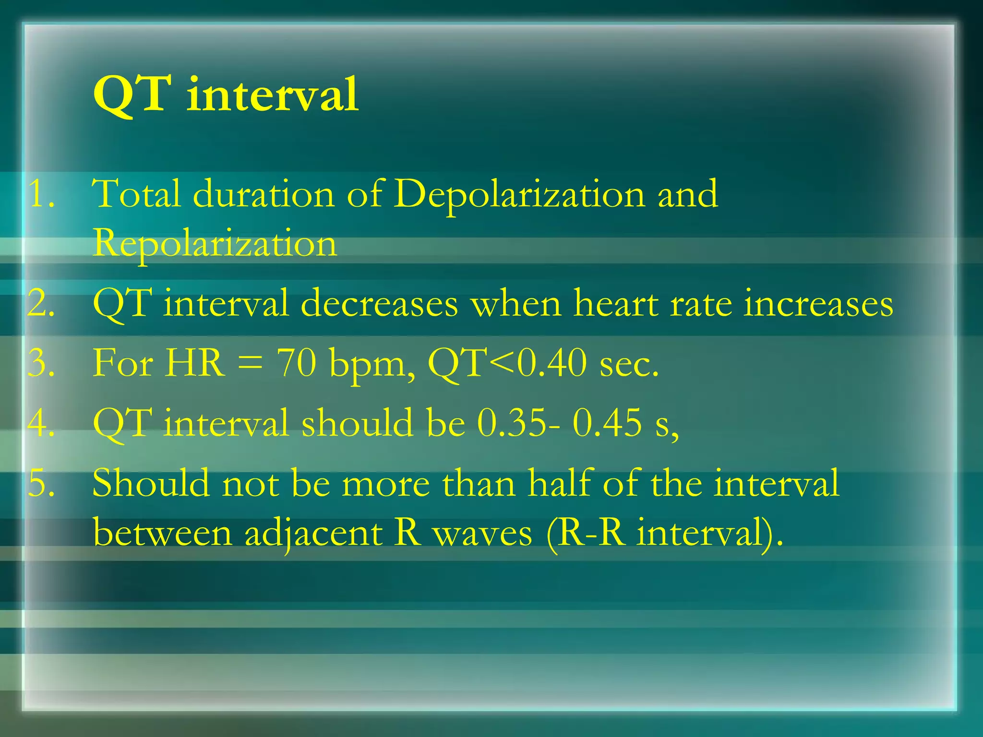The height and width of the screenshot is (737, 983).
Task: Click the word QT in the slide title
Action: pyautogui.click(x=132, y=95)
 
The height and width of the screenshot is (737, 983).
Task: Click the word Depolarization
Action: pyautogui.click(x=519, y=195)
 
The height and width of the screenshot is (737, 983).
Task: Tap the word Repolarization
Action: pyautogui.click(x=215, y=244)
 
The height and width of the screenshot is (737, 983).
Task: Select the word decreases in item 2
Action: pyautogui.click(x=379, y=304)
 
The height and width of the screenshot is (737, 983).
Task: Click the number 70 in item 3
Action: pyautogui.click(x=296, y=363)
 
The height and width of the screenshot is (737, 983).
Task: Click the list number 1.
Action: pyautogui.click(x=40, y=195)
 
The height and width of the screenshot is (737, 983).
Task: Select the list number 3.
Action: pyautogui.click(x=40, y=363)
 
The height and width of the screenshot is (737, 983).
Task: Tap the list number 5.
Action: pyautogui.click(x=40, y=483)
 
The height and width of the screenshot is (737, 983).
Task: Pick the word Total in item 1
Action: pyautogui.click(x=136, y=195)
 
